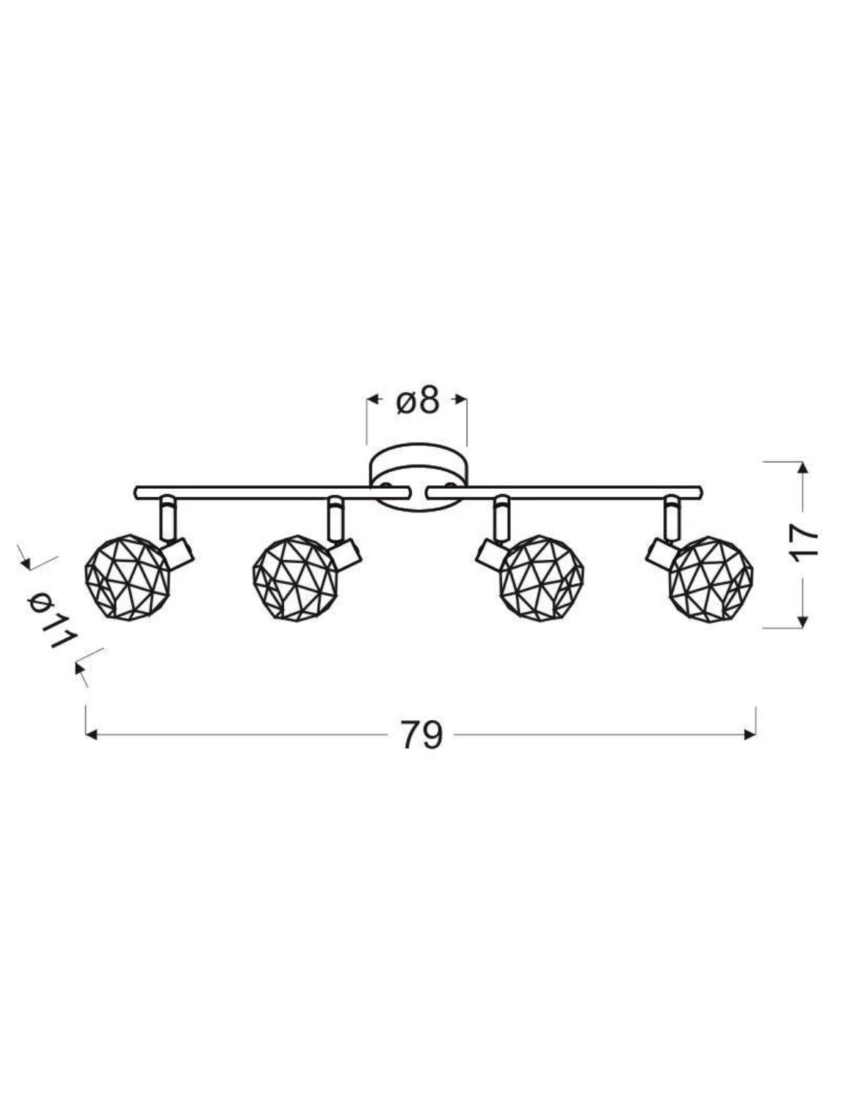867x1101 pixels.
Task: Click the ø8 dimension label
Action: [418, 401]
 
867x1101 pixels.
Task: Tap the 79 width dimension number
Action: [421, 735]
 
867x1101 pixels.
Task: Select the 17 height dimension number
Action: [804, 543]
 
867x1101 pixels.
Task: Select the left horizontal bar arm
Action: [272, 493]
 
